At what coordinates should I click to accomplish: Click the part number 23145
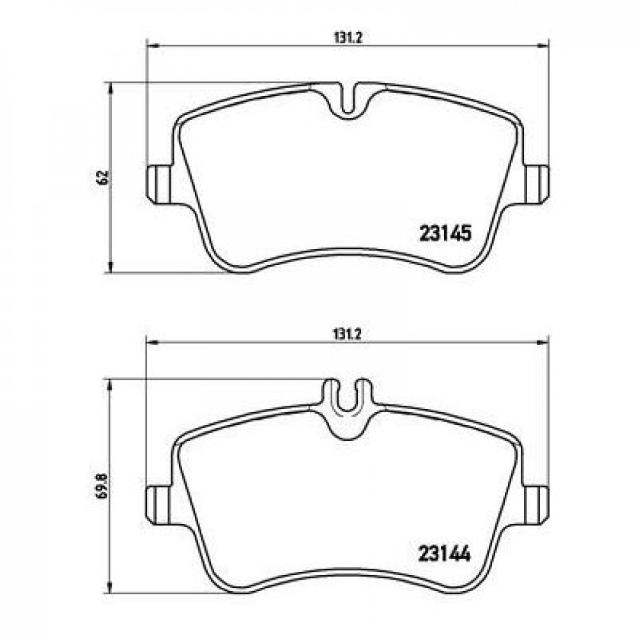(x=445, y=234)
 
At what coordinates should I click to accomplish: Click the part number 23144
(x=445, y=554)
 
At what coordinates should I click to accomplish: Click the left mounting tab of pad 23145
(x=160, y=185)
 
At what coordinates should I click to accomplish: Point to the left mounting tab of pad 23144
(x=160, y=505)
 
